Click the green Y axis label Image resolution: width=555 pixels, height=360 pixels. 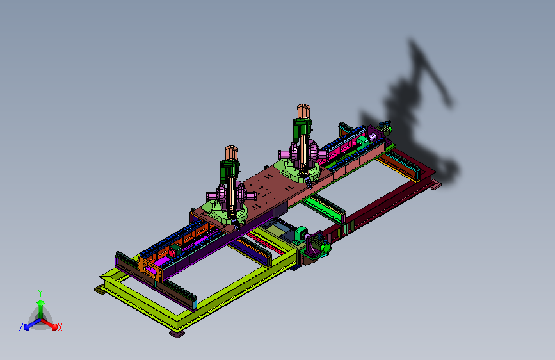(x=40, y=293)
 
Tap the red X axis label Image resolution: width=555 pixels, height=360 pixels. (x=60, y=327)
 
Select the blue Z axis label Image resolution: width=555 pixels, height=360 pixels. (x=21, y=327)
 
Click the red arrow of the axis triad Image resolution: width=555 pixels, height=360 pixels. (x=49, y=324)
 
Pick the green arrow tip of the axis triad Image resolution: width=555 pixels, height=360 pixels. (x=40, y=302)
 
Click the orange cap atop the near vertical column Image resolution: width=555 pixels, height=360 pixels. (x=231, y=152)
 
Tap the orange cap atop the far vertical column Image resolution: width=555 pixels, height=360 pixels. (x=303, y=111)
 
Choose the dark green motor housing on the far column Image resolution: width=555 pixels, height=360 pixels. (x=302, y=127)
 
